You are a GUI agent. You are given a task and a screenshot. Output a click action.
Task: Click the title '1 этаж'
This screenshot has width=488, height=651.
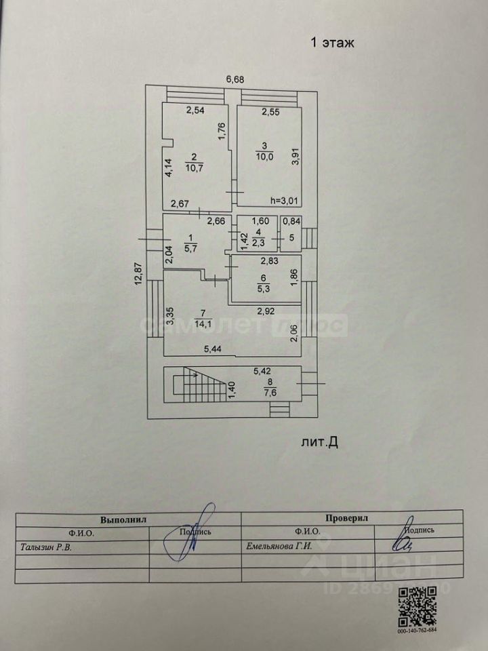pyautogui.click(x=333, y=43)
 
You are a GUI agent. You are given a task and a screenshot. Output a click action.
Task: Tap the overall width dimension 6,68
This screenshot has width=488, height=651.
pyautogui.click(x=235, y=79)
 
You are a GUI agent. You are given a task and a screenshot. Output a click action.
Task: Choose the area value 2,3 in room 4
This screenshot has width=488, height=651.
pyautogui.click(x=259, y=243)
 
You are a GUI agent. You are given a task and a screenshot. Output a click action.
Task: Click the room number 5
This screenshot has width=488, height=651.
pyautogui.click(x=291, y=238)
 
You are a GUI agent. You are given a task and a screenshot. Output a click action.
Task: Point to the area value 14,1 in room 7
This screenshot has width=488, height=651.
pyautogui.click(x=202, y=323)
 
